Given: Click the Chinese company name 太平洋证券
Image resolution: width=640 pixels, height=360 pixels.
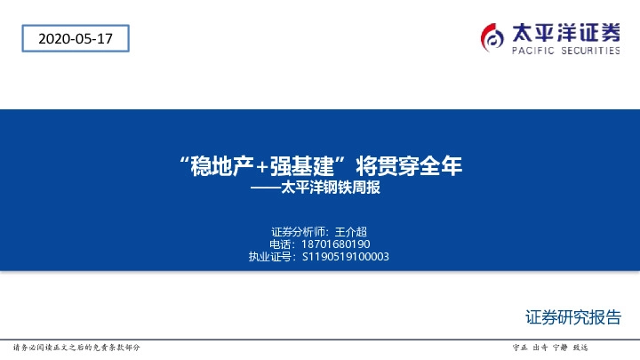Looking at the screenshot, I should (566, 32).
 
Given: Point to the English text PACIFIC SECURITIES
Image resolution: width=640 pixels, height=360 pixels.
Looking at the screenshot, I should (566, 52).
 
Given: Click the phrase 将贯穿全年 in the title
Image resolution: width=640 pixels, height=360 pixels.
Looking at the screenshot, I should (409, 166).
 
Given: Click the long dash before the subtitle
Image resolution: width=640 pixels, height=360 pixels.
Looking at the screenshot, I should (264, 188).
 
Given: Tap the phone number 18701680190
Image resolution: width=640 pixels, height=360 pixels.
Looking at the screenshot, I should (336, 244).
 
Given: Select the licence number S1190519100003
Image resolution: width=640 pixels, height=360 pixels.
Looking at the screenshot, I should (346, 257).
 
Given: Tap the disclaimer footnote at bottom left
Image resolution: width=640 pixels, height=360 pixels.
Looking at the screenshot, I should (76, 347).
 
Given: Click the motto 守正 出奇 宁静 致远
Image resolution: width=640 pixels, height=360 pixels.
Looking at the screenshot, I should (551, 347).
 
